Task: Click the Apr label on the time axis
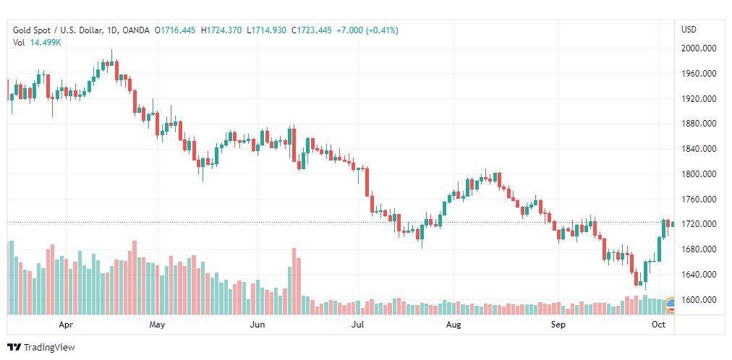pyautogui.click(x=67, y=325)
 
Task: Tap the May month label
pyautogui.click(x=157, y=325)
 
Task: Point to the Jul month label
pyautogui.click(x=357, y=325)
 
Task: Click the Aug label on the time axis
pyautogui.click(x=454, y=325)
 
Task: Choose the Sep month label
pyautogui.click(x=558, y=325)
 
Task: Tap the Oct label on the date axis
pyautogui.click(x=657, y=325)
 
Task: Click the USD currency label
pyautogui.click(x=689, y=30)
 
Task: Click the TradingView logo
pyautogui.click(x=41, y=347)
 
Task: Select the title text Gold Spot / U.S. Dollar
pyautogui.click(x=59, y=30)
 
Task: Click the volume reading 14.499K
pyautogui.click(x=46, y=43)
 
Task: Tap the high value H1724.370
pyautogui.click(x=221, y=30)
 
